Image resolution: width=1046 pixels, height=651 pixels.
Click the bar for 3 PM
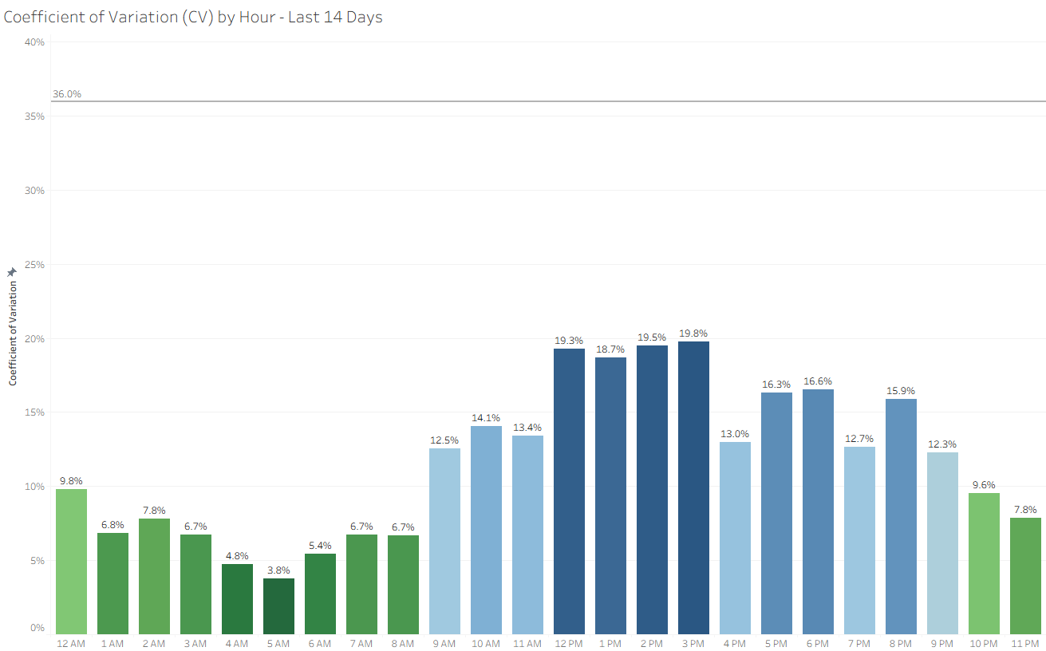pyautogui.click(x=693, y=487)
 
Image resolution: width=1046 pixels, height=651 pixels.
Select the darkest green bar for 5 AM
pyautogui.click(x=278, y=606)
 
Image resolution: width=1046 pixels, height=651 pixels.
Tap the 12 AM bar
pyautogui.click(x=72, y=562)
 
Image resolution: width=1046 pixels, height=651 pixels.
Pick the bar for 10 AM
pyautogui.click(x=486, y=530)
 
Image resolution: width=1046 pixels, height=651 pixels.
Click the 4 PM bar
pyautogui.click(x=735, y=538)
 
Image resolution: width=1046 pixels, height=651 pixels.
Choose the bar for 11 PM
pyautogui.click(x=1025, y=576)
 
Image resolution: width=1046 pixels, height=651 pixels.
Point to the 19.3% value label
pyautogui.click(x=569, y=341)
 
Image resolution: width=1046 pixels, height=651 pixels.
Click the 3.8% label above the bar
pyautogui.click(x=278, y=570)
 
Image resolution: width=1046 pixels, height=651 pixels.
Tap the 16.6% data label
pyautogui.click(x=818, y=381)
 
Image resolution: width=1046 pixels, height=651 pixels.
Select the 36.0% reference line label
pyautogui.click(x=67, y=94)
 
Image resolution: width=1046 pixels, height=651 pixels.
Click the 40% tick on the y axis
pyautogui.click(x=34, y=42)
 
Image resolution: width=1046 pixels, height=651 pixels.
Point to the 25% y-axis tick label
pyautogui.click(x=34, y=265)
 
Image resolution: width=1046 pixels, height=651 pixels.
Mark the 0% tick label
pyautogui.click(x=37, y=628)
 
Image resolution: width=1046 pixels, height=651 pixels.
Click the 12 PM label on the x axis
pyautogui.click(x=569, y=644)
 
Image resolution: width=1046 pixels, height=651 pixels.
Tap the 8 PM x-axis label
pyautogui.click(x=900, y=644)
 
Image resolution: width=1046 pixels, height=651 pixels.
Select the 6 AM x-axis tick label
pyautogui.click(x=320, y=644)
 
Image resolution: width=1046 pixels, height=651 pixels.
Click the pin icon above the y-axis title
pyautogui.click(x=12, y=272)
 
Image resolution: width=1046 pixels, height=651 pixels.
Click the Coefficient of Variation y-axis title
pyautogui.click(x=13, y=333)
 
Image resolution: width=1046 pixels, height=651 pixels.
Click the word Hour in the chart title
pyautogui.click(x=257, y=18)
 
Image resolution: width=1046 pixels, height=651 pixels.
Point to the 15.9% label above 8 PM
pyautogui.click(x=901, y=390)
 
